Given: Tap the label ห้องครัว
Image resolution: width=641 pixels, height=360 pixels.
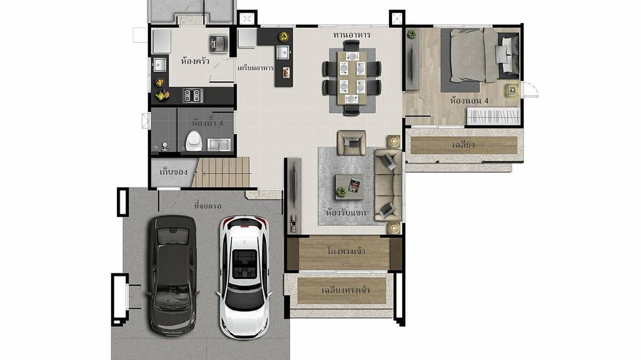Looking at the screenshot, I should point(195,61).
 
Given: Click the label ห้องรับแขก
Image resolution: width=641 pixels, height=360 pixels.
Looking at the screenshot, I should point(346,212).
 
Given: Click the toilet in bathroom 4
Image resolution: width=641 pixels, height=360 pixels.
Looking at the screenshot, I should point(193,140).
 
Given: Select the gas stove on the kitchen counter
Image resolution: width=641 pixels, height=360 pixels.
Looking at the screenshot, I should point(193,95).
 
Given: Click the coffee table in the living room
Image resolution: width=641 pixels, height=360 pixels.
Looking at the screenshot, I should point(349,186).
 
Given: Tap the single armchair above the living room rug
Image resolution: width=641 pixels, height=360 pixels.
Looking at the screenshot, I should point(352,142).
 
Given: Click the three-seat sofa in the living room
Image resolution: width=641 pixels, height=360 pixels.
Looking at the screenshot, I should point(388,184).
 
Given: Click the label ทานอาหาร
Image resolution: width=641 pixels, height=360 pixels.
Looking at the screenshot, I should point(352,35).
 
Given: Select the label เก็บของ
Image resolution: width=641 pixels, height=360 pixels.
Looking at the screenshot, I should point(173,172).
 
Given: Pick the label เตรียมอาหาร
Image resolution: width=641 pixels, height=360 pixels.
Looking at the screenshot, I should point(255,68).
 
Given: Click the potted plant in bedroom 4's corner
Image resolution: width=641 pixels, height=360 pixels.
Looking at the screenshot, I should point(412,34).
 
